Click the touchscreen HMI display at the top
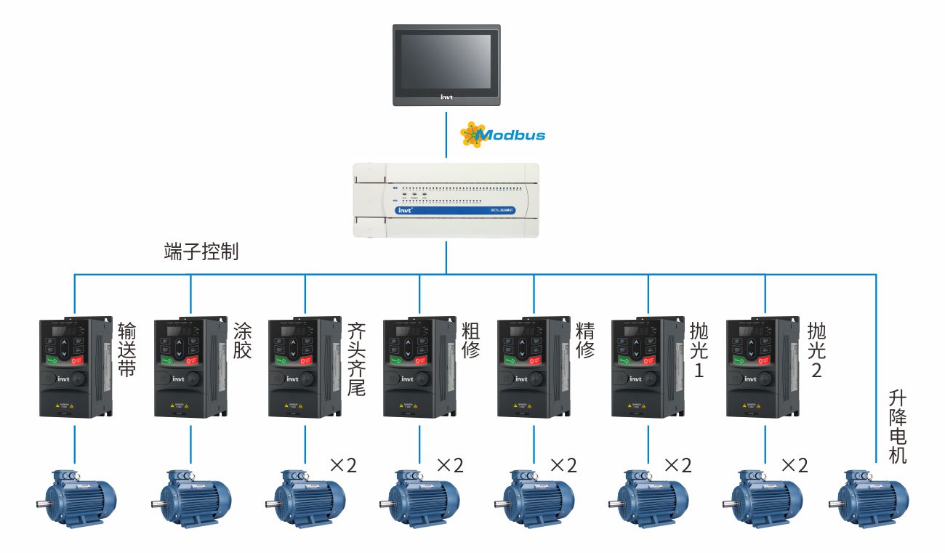(x=446, y=65)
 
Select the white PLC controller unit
(x=446, y=201)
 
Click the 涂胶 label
(x=242, y=341)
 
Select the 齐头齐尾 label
(x=356, y=359)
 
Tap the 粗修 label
(x=471, y=341)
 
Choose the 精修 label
(x=585, y=341)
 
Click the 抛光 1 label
(x=699, y=350)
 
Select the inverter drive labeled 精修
(x=533, y=367)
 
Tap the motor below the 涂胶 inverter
(x=190, y=498)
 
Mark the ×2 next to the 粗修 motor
(x=449, y=465)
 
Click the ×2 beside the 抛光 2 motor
(x=794, y=465)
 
